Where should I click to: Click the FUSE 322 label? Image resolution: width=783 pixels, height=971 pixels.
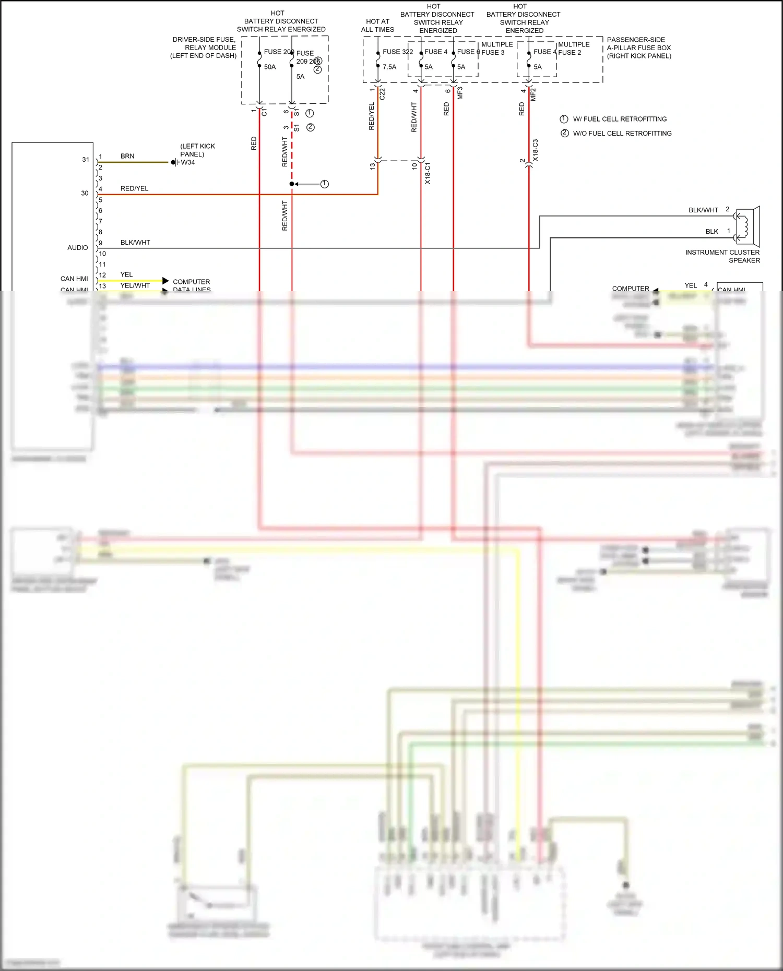pos(397,52)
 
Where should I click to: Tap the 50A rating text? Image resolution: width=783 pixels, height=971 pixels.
pos(270,67)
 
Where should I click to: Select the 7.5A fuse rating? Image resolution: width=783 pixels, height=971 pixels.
pos(389,67)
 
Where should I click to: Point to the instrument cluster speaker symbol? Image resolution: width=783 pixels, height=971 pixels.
pos(748,226)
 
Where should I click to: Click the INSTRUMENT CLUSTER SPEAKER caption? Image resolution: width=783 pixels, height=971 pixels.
pos(722,256)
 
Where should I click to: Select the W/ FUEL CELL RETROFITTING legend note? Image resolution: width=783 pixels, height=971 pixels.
pos(620,119)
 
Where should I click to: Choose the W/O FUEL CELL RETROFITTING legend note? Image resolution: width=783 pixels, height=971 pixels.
pos(622,133)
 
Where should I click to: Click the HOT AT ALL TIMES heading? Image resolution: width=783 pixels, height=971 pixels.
pos(377,26)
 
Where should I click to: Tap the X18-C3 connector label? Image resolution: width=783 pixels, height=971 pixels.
pos(535,150)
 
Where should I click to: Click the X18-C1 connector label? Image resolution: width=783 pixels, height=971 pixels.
pos(428,173)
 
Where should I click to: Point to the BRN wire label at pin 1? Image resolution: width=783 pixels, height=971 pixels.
pos(127,156)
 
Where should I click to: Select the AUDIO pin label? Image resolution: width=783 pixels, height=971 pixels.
pos(77,248)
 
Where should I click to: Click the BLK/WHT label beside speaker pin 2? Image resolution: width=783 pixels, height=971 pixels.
pos(703,210)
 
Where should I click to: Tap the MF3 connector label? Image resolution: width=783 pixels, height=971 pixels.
pos(460,93)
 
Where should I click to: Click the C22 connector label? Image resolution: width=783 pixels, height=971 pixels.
pos(382,94)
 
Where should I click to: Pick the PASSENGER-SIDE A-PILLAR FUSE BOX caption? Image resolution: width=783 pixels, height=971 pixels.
pos(638,47)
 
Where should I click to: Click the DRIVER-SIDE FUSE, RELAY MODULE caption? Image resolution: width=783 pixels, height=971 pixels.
pos(204,47)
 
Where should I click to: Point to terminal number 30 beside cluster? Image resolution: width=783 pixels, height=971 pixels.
pos(85,193)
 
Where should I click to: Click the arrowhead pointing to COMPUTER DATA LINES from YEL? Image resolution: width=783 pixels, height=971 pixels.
pos(165,281)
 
